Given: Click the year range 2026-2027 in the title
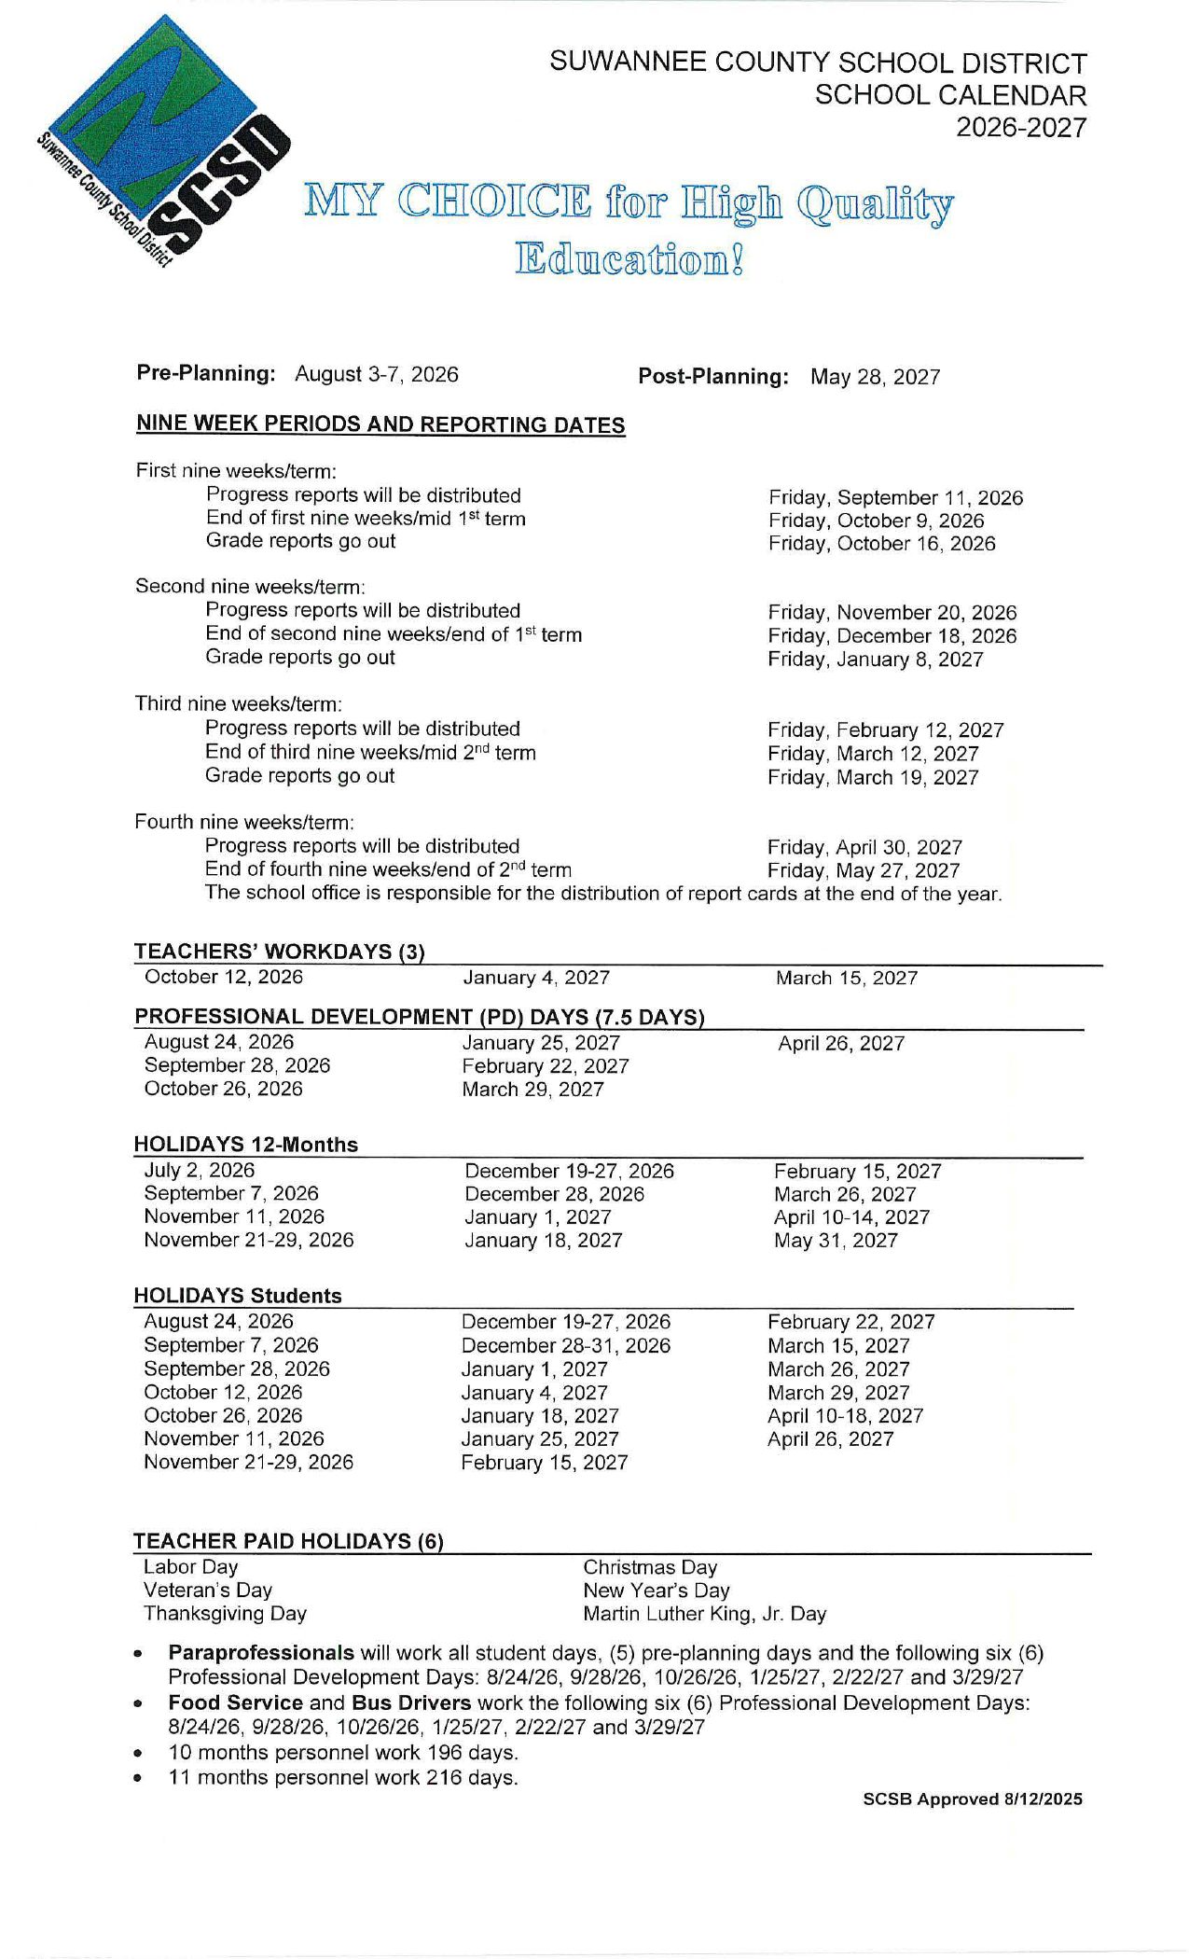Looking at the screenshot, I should (1021, 128).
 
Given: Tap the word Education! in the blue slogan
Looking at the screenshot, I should (630, 259).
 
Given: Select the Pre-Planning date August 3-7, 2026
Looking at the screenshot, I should (377, 374).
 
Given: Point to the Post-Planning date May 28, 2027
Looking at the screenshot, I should (875, 377).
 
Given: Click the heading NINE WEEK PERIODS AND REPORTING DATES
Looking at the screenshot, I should (380, 424).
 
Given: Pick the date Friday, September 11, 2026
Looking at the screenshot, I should (895, 498).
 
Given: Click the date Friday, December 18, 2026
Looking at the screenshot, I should (892, 636).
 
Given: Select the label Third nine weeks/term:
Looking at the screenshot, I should (239, 703).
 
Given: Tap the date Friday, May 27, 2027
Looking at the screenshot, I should (864, 871).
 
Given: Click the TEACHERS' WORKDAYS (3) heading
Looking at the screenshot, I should (280, 952).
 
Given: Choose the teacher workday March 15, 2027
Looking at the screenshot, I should (847, 979).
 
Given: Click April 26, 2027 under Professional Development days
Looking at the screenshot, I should (841, 1044).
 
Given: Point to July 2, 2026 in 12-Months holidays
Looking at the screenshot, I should (199, 1171).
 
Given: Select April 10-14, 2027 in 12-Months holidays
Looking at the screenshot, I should (851, 1217).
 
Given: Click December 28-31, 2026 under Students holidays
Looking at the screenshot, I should (565, 1346).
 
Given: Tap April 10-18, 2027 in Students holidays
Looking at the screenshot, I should (845, 1416).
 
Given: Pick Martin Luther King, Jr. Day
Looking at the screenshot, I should (705, 1614).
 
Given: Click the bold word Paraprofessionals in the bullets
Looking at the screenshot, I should (261, 1654).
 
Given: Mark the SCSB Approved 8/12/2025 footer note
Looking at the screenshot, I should (973, 1799).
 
